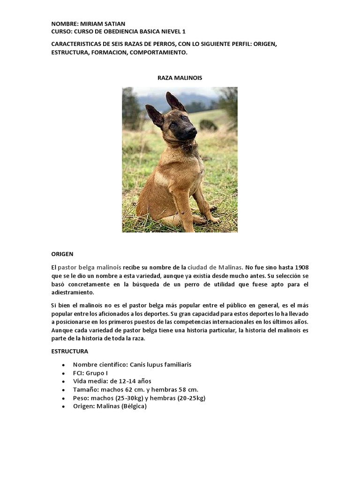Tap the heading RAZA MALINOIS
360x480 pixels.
[180, 78]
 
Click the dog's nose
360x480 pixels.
[192, 131]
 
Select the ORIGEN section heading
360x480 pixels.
[62, 254]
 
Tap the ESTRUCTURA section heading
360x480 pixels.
[69, 351]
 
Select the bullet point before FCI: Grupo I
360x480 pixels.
[63, 373]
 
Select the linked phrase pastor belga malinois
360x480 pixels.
[90, 267]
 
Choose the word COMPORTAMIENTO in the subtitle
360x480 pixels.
[157, 52]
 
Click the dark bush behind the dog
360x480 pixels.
[208, 125]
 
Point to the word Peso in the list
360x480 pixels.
[80, 398]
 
